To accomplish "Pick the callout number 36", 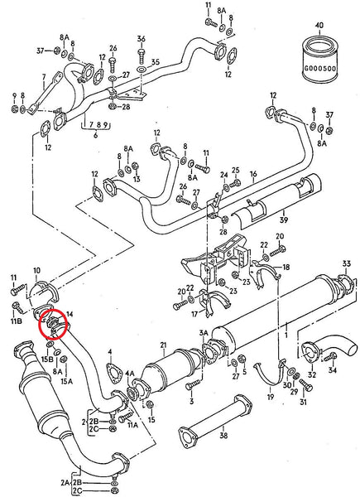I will pos(141,39).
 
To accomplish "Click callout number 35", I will pos(154,63).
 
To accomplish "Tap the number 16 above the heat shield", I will pos(253,175).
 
